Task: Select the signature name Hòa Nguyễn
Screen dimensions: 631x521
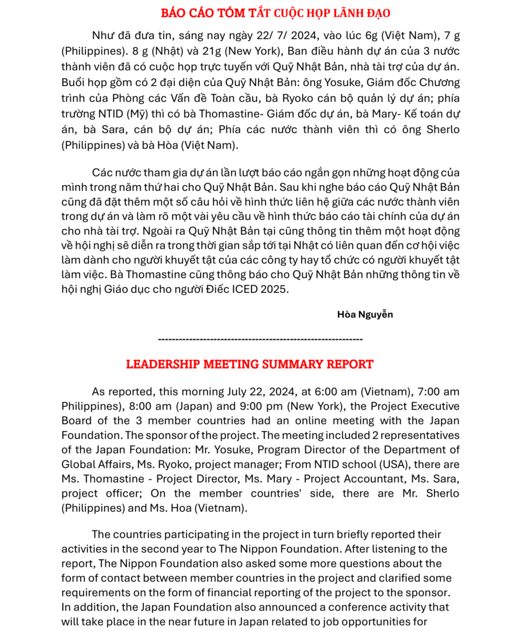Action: [365, 314]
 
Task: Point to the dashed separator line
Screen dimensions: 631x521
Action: [260, 339]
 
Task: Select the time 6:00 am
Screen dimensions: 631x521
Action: [334, 391]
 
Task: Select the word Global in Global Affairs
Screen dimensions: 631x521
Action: [78, 464]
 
